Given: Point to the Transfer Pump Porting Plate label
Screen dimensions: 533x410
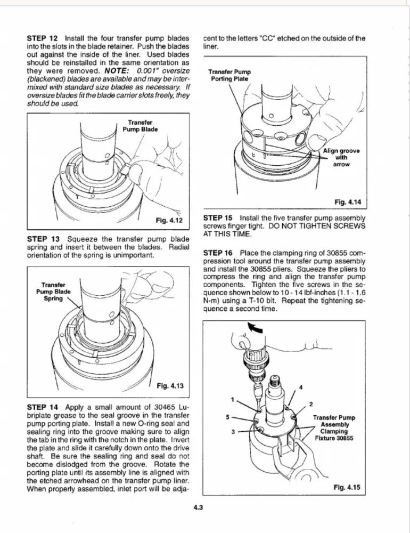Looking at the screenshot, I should tap(230, 76).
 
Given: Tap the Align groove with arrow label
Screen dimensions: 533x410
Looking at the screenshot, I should tap(341, 158).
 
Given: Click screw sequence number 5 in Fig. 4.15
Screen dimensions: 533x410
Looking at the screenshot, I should tap(227, 417).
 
